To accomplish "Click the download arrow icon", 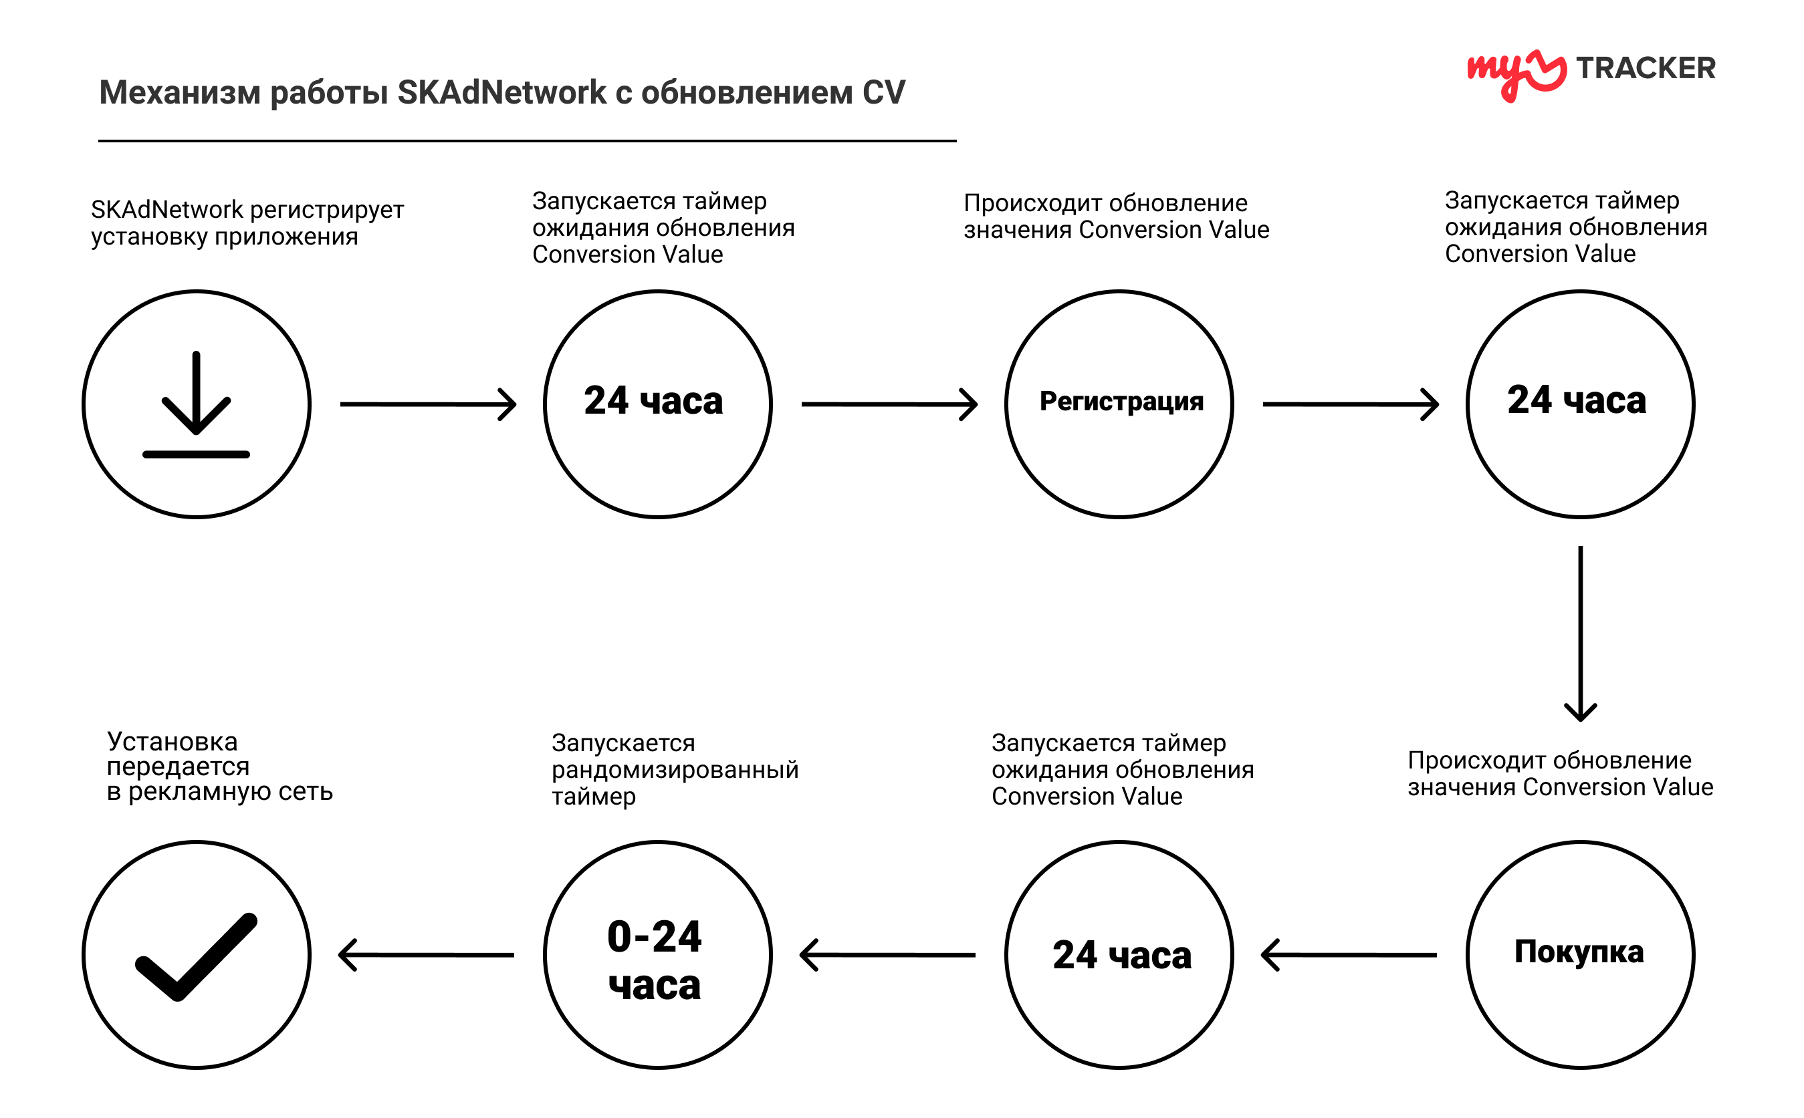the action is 196,404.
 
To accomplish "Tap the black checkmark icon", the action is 196,957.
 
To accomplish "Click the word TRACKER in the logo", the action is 1645,68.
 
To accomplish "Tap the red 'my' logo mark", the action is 1516,74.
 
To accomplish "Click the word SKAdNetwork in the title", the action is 501,92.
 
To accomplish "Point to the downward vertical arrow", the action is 1580,634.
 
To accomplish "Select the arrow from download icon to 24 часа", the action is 428,404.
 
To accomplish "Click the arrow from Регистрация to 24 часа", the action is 1351,404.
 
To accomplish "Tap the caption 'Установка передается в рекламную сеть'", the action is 220,766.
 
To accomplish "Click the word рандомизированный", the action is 675,770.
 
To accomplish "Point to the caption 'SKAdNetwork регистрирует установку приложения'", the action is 247,223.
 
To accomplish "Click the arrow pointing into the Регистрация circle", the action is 890,404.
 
